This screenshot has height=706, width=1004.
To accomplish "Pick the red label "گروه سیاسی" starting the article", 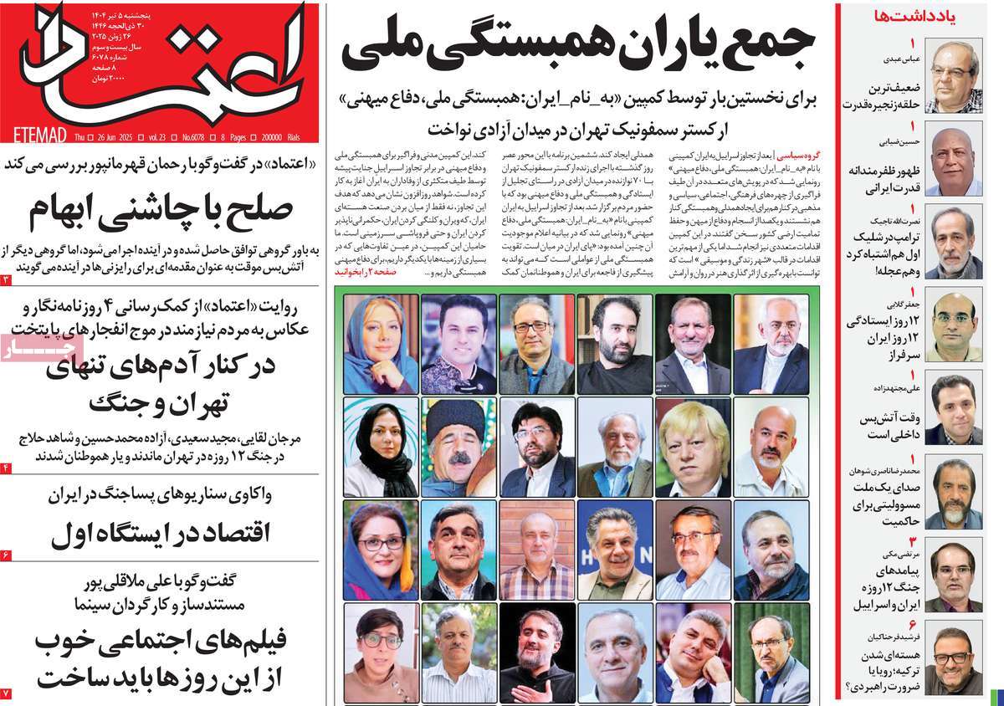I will [802, 156].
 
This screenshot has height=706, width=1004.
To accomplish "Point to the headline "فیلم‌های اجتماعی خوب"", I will [161, 642].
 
